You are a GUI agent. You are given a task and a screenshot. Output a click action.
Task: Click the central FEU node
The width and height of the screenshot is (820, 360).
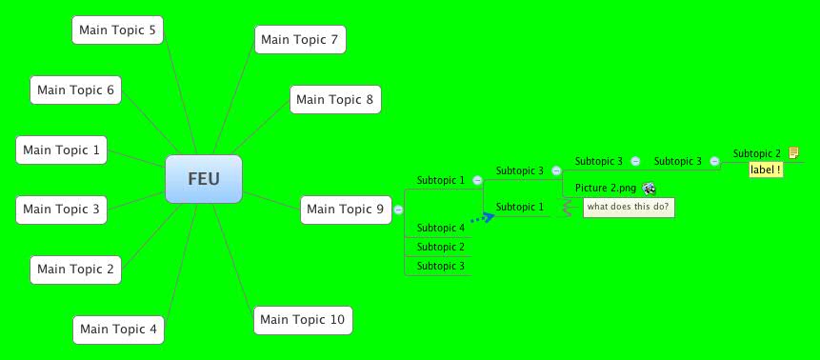coord(204,179)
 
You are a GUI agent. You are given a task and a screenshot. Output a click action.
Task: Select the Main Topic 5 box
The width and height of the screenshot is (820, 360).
coord(118,30)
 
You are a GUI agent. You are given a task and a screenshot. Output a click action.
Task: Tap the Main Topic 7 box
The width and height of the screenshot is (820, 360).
coord(300,39)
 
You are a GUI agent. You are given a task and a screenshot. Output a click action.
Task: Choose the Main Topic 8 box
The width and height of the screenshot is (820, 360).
coord(335,99)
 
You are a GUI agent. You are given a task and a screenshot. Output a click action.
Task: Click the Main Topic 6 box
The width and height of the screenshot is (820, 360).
coord(75,90)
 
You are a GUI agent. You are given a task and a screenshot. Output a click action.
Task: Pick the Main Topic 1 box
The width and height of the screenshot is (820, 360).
coord(61,150)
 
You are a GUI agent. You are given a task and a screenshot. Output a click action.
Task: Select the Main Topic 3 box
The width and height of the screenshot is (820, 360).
coord(61,209)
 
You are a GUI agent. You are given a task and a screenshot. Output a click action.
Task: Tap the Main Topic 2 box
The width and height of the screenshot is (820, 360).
coord(75,270)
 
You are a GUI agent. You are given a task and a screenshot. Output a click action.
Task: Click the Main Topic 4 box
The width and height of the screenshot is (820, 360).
coord(118,330)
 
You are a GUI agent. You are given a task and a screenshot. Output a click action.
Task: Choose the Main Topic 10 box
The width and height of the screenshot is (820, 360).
coord(303,319)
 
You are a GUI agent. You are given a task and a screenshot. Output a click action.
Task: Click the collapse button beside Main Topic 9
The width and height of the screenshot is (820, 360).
coord(398,210)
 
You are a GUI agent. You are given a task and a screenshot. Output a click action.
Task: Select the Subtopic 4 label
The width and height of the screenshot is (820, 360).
coord(441,228)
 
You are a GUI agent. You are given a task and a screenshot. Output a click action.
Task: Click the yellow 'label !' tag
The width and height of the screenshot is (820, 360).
coord(766,170)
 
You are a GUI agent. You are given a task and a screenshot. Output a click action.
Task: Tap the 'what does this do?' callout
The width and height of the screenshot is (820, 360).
coord(629,207)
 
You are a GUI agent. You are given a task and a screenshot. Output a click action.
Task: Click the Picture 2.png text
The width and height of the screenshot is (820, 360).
coord(606,189)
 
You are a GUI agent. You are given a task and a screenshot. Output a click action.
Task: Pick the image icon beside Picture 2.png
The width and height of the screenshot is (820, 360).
coord(649,189)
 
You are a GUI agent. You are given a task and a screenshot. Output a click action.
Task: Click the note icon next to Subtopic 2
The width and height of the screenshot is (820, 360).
coord(793,152)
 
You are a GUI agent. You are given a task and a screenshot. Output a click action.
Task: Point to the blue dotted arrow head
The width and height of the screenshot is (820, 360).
coord(490,217)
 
